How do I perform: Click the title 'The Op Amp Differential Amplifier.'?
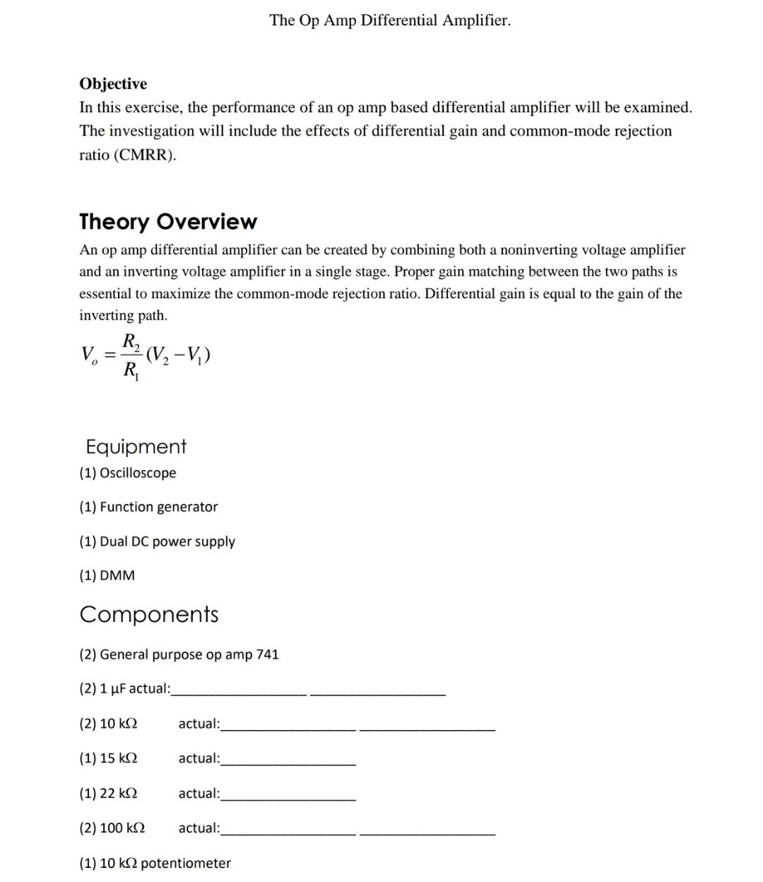389,20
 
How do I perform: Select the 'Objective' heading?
113,84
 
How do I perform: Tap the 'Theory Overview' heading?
168,222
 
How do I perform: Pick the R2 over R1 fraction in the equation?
131,355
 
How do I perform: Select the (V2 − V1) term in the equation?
178,353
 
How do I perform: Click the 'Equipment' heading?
136,447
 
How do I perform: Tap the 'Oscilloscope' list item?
138,473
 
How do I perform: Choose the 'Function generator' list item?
158,507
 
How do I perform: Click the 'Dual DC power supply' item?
167,541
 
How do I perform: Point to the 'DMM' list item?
117,575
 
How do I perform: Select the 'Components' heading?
149,614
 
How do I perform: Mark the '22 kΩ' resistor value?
118,793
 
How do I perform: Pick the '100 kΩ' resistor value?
122,828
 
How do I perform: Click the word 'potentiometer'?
186,864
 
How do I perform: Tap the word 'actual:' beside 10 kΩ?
199,724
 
